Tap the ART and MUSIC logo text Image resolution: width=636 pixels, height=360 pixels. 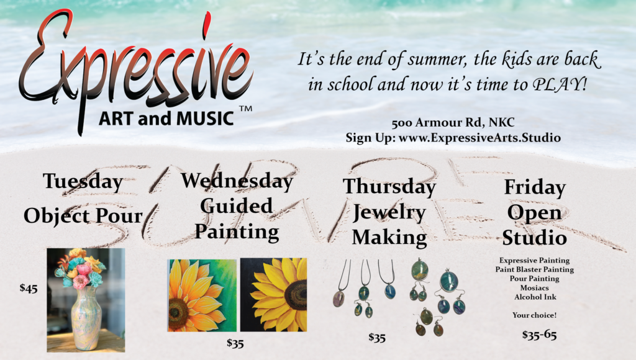166,119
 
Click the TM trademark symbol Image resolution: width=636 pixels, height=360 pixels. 245,109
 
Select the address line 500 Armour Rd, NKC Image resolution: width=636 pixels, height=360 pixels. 453,122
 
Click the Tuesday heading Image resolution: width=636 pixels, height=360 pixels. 83,181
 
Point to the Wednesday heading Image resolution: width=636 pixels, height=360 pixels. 237,181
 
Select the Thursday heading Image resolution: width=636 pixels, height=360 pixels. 389,186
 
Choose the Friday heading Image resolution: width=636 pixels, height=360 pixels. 535,187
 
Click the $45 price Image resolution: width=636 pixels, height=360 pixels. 29,288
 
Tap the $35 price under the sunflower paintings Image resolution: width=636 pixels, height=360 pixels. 235,344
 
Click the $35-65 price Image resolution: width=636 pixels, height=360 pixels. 540,335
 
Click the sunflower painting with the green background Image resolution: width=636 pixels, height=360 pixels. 202,295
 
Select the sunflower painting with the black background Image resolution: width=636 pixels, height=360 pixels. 274,295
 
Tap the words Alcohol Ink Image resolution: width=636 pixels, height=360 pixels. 535,297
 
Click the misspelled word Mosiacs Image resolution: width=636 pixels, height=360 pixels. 535,288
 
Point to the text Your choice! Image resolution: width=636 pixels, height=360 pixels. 534,315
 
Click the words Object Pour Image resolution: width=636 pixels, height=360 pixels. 83,216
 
